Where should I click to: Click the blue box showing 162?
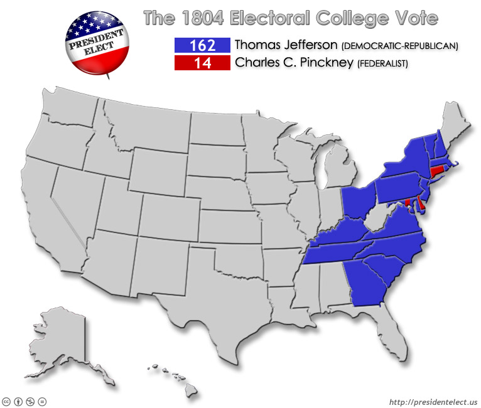pos(202,46)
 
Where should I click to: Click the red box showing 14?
pos(202,63)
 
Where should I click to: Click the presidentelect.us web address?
pos(433,402)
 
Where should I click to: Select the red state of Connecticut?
pos(436,171)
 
